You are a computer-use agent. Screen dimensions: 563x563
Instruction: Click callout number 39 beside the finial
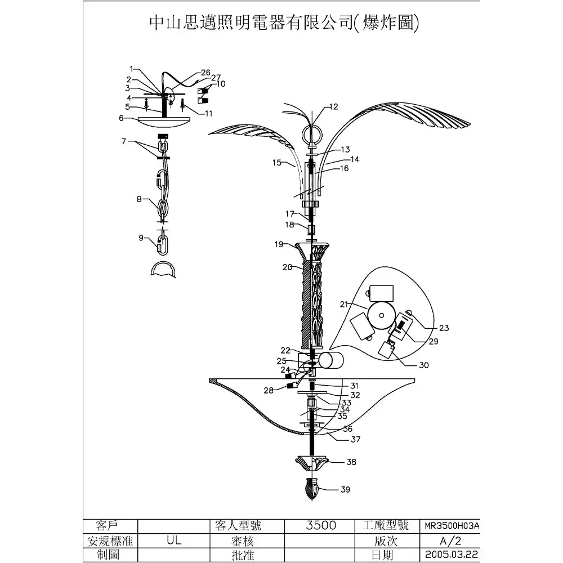pos(345,489)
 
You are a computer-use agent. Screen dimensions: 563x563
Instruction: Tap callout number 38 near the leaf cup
pos(351,462)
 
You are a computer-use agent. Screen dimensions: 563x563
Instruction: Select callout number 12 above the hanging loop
pos(333,106)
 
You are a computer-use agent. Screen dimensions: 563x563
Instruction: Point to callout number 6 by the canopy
pos(122,118)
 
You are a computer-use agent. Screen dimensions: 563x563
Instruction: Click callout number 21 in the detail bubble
pos(344,305)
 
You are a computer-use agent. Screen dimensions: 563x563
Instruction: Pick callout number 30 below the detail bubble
pos(424,365)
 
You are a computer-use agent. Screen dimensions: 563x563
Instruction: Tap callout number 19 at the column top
pos(279,244)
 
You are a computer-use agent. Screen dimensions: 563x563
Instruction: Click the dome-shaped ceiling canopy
pos(164,121)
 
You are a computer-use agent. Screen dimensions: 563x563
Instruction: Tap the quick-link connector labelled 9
pos(163,244)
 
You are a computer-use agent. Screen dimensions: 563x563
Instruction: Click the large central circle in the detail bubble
pos(381,316)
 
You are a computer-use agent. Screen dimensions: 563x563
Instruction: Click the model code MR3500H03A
pos(452,526)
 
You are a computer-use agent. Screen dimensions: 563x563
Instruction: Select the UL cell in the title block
pos(174,540)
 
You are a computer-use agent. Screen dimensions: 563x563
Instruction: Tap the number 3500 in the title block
pos(321,525)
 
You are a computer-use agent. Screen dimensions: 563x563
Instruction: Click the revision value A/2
pos(450,540)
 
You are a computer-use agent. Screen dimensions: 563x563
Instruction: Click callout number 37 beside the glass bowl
pos(355,440)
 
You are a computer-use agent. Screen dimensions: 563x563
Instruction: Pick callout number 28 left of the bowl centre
pos(269,390)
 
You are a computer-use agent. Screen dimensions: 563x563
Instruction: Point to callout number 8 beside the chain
pos(139,199)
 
